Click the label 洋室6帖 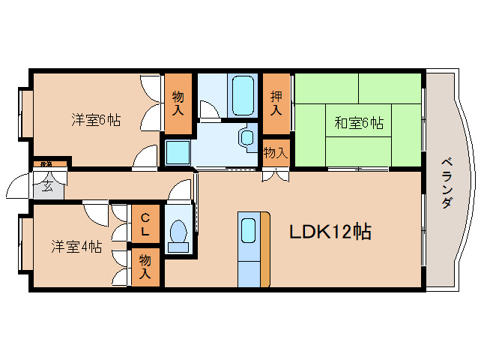point(97,119)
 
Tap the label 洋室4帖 point(76,245)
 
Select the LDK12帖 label point(330,232)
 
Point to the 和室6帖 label point(359,122)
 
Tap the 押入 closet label point(276,103)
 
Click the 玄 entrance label point(47,186)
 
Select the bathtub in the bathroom point(243,94)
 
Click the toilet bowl point(178,234)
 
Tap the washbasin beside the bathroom point(247,137)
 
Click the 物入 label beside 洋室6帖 point(178,103)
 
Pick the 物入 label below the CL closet point(145,267)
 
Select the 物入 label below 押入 point(275,153)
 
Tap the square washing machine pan point(178,152)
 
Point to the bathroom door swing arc point(209,110)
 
